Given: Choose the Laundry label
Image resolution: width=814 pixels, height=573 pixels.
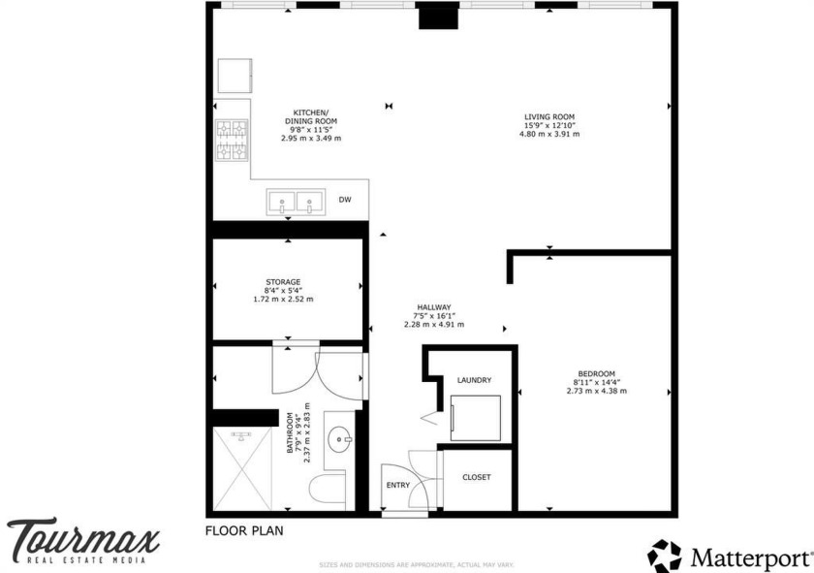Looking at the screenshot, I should pyautogui.click(x=474, y=380).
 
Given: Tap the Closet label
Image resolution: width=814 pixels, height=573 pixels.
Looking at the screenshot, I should pyautogui.click(x=476, y=477).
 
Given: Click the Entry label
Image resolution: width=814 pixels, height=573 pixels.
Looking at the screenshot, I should pyautogui.click(x=397, y=484).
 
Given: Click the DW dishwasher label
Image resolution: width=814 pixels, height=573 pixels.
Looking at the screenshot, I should pyautogui.click(x=344, y=201).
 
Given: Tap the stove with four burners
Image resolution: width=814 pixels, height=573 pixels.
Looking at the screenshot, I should pyautogui.click(x=233, y=140).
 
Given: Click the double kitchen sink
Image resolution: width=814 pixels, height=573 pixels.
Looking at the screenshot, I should pyautogui.click(x=296, y=203).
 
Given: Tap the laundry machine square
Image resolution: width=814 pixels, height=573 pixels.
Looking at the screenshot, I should pyautogui.click(x=476, y=418).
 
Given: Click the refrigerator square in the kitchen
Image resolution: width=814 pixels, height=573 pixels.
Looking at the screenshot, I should pyautogui.click(x=234, y=76).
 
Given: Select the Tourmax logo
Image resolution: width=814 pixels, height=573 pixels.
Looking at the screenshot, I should pyautogui.click(x=82, y=539).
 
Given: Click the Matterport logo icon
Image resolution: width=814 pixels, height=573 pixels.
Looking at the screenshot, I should pyautogui.click(x=665, y=556).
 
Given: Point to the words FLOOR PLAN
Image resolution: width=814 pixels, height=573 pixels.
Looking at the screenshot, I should pyautogui.click(x=243, y=530).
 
